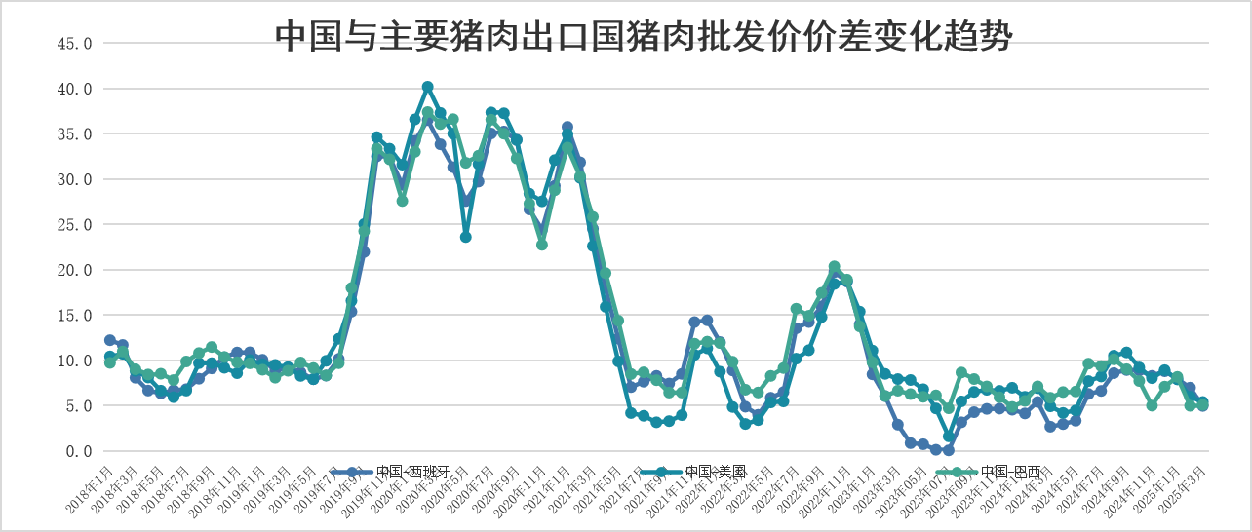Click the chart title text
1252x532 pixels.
click(645, 36)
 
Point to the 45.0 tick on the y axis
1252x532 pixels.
click(75, 44)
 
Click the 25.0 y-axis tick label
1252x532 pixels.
click(75, 225)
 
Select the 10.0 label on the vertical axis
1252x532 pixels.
click(75, 361)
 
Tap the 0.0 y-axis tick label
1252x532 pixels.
click(79, 451)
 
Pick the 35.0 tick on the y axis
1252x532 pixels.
click(75, 134)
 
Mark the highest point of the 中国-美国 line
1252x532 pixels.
click(427, 87)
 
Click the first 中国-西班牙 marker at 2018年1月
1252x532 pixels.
click(109, 340)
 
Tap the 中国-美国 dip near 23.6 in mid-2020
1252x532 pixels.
click(466, 237)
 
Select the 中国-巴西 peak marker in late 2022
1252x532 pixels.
click(834, 266)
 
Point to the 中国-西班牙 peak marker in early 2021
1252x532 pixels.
click(567, 128)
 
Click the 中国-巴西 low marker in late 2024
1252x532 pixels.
click(1152, 405)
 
